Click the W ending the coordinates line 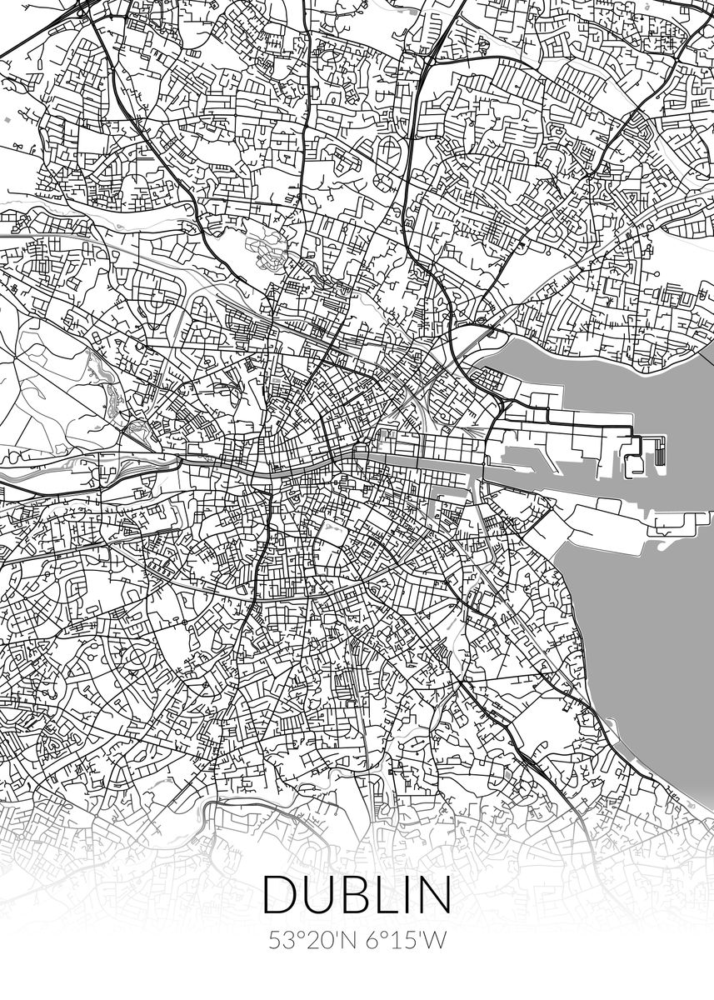coord(436,940)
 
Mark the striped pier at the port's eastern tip coord(660,451)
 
